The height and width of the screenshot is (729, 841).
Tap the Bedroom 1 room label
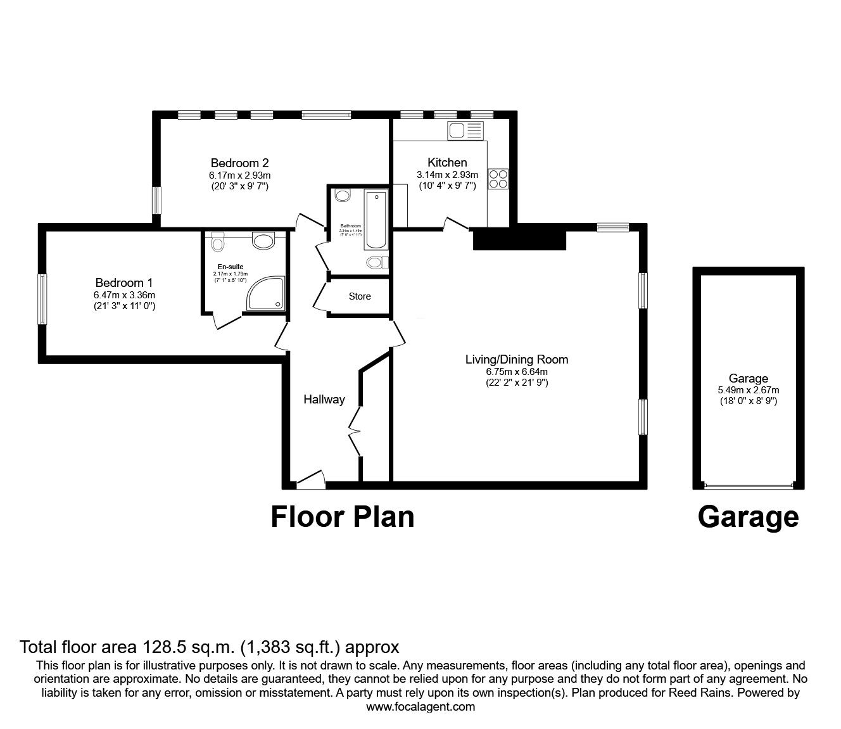point(124,282)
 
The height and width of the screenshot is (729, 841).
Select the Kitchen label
point(447,162)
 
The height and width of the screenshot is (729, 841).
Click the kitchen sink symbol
point(465,130)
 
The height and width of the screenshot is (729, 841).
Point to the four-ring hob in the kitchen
point(498,179)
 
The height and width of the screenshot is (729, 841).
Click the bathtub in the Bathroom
point(376,221)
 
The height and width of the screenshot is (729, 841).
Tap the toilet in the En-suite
point(218,241)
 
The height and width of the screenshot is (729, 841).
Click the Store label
point(360,296)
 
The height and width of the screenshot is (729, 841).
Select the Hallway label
point(324,399)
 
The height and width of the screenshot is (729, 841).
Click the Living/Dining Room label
point(517,360)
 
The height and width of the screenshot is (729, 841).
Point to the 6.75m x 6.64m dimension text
point(517,372)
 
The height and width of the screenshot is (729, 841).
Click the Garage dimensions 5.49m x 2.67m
point(748,390)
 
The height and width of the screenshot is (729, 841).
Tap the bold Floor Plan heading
point(342,516)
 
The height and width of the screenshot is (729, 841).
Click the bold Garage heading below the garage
point(748,516)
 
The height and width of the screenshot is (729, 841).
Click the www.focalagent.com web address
point(420,706)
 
